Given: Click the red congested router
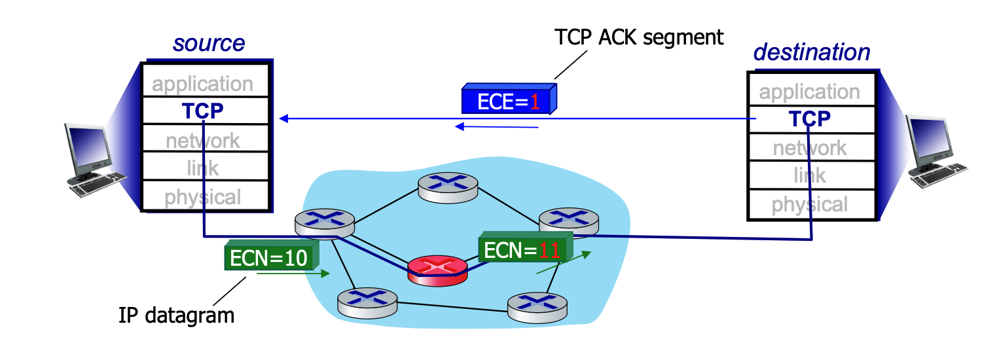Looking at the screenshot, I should tap(437, 269).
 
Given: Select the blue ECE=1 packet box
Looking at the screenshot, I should tap(508, 101).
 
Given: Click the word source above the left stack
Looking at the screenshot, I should tap(209, 43).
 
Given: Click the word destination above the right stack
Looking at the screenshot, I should tap(812, 52).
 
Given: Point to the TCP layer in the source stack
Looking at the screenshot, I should tap(203, 111).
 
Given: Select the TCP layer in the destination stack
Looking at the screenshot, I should tap(810, 118).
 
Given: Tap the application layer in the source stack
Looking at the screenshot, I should tap(203, 83).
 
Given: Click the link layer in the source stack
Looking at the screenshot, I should tap(203, 168).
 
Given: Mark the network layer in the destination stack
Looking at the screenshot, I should tap(810, 148).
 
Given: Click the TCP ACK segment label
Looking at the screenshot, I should tap(639, 37).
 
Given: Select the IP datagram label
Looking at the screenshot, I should tap(176, 315).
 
